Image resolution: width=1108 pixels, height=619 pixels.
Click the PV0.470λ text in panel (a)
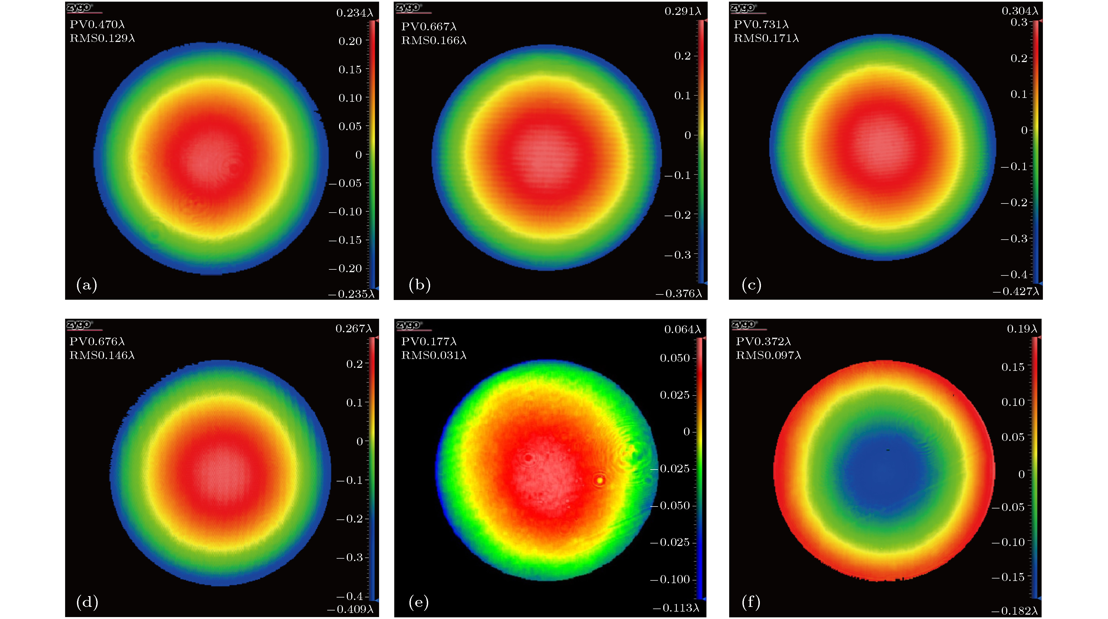[97, 25]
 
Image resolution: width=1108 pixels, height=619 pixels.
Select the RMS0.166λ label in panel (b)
[433, 41]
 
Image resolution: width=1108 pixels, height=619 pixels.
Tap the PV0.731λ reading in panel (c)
[761, 25]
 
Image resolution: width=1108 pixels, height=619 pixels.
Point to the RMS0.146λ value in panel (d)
[102, 355]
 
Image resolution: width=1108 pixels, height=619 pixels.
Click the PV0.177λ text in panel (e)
[428, 341]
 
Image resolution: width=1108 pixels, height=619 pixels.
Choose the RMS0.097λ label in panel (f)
[768, 355]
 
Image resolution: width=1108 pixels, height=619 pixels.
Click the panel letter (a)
[86, 285]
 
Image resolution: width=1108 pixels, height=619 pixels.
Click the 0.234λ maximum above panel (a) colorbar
[355, 13]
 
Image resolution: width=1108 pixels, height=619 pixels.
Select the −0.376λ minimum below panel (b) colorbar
[678, 294]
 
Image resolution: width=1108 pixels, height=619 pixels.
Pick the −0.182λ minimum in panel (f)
[1014, 611]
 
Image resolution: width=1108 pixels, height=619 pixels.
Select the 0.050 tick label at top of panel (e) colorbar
[675, 358]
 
